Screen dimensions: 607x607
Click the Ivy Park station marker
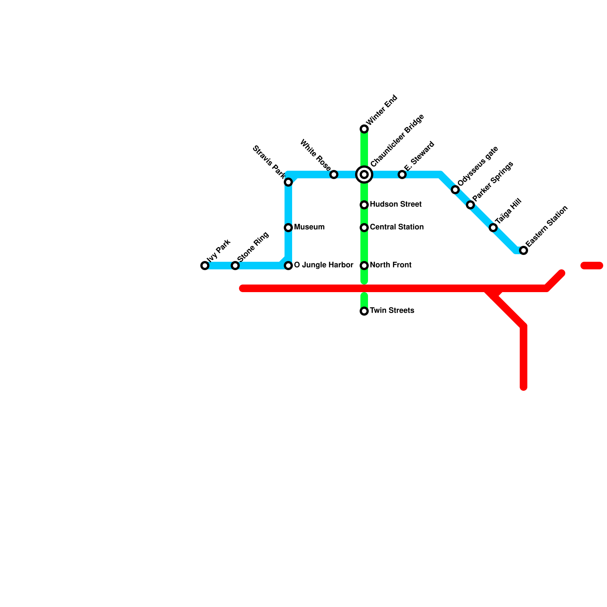pos(205,266)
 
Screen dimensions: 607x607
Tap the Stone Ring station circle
pos(235,266)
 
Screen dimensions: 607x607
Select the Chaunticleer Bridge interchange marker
pos(364,175)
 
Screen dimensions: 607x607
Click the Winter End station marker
pos(364,129)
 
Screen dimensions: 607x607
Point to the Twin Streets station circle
pos(364,311)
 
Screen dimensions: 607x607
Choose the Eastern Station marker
pos(524,250)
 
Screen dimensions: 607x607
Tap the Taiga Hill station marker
pos(493,228)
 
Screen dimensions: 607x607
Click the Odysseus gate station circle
pos(455,190)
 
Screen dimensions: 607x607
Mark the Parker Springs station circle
pos(470,205)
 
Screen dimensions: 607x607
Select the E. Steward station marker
pos(402,175)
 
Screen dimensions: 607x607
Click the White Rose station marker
pos(334,175)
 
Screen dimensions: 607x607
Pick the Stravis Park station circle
pos(288,182)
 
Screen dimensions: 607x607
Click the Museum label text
pos(309,227)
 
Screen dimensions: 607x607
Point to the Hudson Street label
pos(396,204)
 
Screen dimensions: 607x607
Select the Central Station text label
pos(397,227)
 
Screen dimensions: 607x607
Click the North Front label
pos(391,265)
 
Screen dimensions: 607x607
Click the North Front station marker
pos(364,266)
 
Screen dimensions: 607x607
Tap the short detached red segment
pos(592,266)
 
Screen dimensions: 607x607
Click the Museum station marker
pos(288,228)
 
